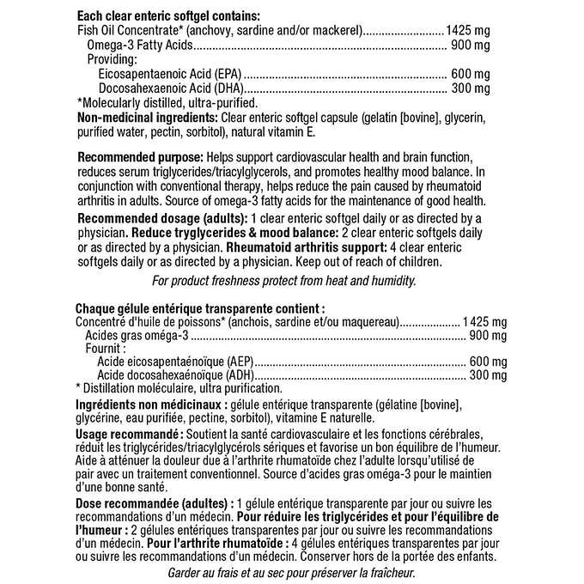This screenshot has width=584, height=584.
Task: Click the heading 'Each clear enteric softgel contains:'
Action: click(x=168, y=16)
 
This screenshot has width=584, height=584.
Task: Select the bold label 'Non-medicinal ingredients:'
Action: click(x=147, y=117)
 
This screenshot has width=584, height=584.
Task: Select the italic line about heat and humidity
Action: click(x=283, y=280)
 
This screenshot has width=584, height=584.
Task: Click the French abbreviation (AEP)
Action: click(x=240, y=362)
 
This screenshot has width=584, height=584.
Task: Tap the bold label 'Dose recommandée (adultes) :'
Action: click(x=154, y=502)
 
